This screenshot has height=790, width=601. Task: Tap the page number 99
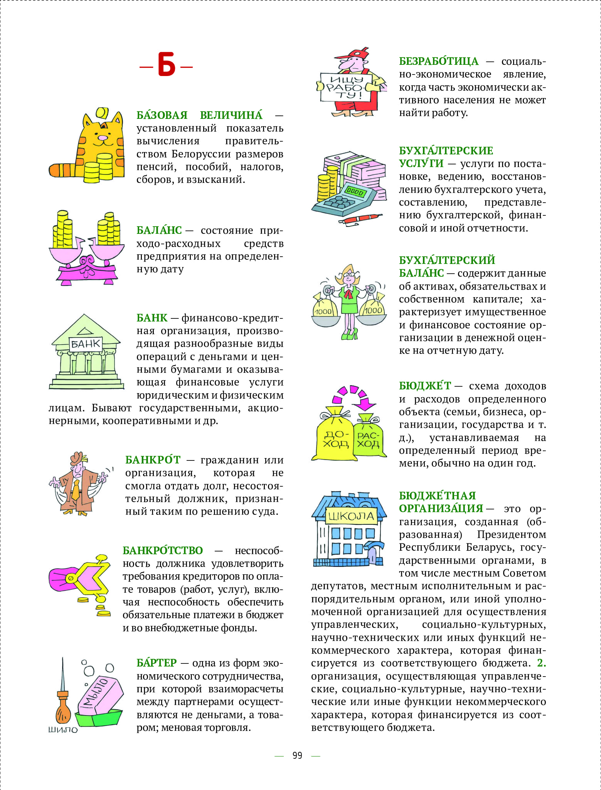click(297, 756)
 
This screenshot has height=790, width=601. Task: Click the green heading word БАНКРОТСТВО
click(163, 550)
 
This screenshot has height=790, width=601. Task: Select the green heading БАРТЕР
click(157, 663)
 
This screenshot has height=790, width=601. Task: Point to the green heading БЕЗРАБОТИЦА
click(439, 61)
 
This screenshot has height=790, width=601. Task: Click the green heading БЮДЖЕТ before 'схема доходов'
click(425, 386)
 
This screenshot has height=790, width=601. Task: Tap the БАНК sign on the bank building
click(86, 343)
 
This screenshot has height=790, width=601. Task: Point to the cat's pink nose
click(103, 137)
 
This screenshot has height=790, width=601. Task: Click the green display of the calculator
click(355, 191)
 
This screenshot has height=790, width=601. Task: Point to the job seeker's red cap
click(355, 54)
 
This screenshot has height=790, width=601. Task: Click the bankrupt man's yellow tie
click(76, 490)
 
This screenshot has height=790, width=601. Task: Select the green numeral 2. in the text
click(541, 663)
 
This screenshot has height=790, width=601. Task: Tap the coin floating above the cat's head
click(101, 113)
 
